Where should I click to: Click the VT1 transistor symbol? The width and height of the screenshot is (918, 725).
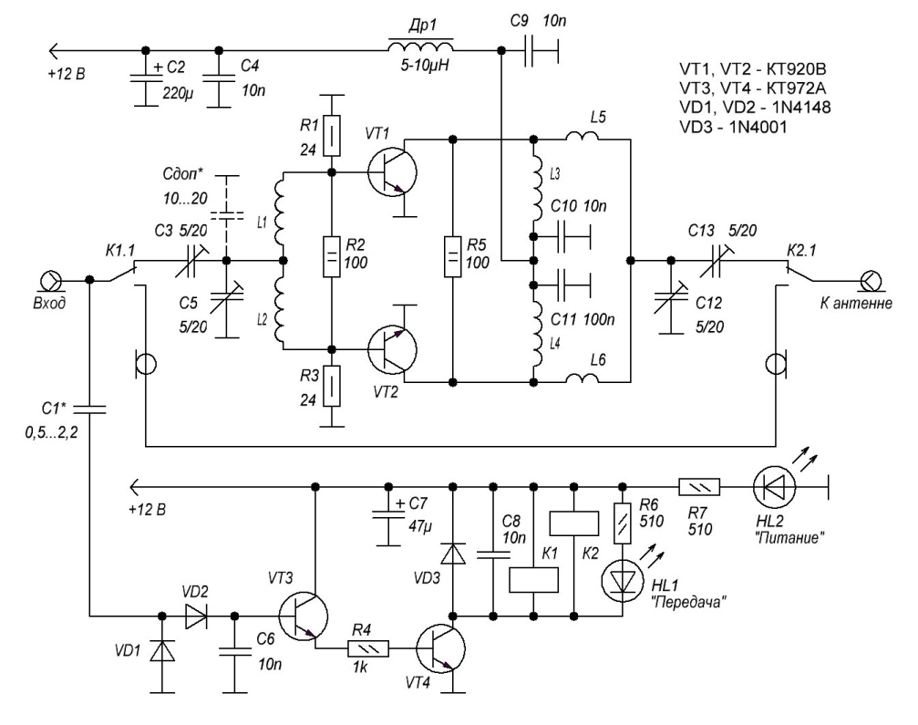392,172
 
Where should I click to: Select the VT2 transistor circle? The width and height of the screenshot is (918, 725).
392,349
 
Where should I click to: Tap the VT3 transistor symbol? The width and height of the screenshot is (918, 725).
304,616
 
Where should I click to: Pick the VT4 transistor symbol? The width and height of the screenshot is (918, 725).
441,649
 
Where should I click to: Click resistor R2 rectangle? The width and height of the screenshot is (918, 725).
332,256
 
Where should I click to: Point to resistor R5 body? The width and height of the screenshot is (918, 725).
452,256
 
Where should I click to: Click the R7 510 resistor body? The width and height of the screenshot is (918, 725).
699,487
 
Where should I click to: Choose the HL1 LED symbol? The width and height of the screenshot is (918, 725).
623,578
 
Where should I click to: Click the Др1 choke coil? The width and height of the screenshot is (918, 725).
420,47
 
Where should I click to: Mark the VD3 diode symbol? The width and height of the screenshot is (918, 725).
452,554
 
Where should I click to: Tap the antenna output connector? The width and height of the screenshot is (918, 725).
870,281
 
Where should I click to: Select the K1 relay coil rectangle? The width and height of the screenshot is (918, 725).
533,580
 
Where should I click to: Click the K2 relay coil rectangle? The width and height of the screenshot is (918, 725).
573,523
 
